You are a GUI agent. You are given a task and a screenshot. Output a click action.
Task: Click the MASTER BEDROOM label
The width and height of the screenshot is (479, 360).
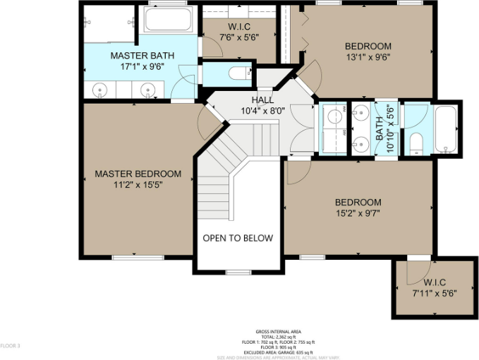pyautogui.click(x=138, y=174)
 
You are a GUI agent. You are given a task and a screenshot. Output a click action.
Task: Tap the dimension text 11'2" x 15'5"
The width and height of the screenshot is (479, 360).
pyautogui.click(x=138, y=185)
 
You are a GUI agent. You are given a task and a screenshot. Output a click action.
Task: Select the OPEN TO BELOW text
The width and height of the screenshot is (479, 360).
pyautogui.click(x=238, y=238)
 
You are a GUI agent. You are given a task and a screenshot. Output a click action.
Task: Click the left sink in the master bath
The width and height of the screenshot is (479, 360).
pyautogui.click(x=101, y=90)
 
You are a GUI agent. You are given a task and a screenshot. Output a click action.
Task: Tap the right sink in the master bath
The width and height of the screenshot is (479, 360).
pyautogui.click(x=147, y=89)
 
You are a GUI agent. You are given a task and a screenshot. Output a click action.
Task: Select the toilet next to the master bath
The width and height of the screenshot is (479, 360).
pyautogui.click(x=238, y=72)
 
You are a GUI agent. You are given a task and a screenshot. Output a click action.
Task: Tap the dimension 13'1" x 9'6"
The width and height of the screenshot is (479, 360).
pyautogui.click(x=368, y=57)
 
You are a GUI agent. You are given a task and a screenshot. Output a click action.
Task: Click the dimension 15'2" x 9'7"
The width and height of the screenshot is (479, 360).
pyautogui.click(x=358, y=213)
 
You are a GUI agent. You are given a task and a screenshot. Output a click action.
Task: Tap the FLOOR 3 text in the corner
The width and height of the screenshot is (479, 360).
pyautogui.click(x=10, y=346)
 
